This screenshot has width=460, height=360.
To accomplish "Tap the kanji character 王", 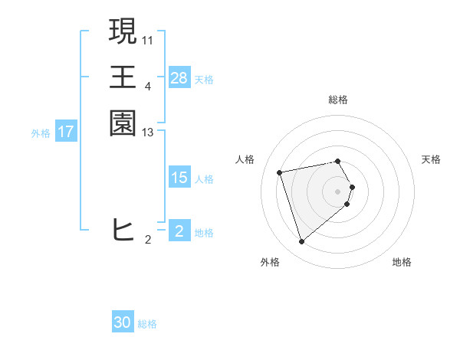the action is [123, 77].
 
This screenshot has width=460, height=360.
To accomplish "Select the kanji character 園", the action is [123, 123].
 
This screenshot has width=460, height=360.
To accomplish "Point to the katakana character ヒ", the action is [123, 230].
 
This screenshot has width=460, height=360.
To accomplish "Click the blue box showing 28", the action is [179, 78].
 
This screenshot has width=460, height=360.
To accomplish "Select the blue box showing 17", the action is [66, 132].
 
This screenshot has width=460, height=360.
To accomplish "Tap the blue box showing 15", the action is [179, 178].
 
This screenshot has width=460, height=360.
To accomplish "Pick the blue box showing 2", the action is [179, 231].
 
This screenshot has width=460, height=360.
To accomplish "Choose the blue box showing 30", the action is [123, 322].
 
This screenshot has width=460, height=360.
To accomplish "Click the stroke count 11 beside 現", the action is [148, 39].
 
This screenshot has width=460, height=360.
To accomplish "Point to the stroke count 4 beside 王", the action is [148, 86].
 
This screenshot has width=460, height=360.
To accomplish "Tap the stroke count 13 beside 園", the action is [148, 133].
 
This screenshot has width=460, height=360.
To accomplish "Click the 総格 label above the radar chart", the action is [338, 100].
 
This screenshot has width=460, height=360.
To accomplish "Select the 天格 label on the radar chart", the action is [431, 159].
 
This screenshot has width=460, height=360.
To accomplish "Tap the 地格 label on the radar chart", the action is [402, 262].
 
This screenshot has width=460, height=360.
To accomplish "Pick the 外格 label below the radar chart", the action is [270, 262].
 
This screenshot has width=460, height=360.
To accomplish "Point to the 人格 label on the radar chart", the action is [245, 159].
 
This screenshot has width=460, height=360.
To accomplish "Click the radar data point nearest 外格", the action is [302, 242].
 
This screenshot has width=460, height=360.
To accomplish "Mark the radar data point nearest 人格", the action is [281, 172].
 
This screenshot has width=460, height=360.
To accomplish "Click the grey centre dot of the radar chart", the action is [338, 191].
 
